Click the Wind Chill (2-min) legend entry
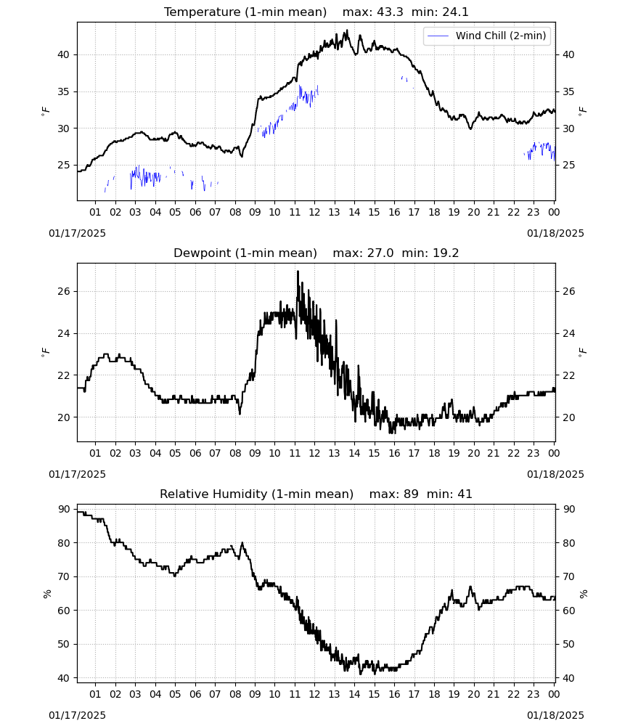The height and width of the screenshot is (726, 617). (x=487, y=36)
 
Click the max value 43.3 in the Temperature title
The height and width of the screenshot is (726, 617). (x=390, y=12)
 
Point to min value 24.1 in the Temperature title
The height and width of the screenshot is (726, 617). (x=455, y=12)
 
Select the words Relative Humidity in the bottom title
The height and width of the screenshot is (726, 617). (x=213, y=494)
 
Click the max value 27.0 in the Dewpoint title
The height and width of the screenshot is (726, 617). (x=380, y=253)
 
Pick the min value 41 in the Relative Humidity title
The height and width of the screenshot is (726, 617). (x=465, y=494)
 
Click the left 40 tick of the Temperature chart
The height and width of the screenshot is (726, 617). (x=63, y=54)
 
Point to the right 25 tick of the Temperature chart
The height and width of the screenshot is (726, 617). (x=568, y=166)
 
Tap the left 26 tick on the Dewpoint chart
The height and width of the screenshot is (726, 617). (x=63, y=292)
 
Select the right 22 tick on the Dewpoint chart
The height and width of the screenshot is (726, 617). (x=568, y=375)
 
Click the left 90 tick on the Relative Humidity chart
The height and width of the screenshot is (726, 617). (x=63, y=510)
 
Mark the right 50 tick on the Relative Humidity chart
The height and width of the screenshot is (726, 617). (x=568, y=644)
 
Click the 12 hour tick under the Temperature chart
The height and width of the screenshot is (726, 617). (x=314, y=212)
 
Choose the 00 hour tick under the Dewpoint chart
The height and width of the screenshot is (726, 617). (x=554, y=453)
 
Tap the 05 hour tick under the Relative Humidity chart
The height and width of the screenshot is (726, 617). (x=175, y=694)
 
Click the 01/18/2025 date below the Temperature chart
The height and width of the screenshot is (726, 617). (x=555, y=233)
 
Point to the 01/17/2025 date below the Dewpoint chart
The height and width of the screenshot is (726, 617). (x=77, y=474)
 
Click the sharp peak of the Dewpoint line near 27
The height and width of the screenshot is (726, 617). (x=298, y=272)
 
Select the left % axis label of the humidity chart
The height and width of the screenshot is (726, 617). (x=47, y=594)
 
